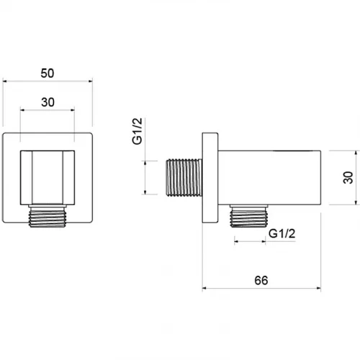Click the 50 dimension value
[x=48, y=73]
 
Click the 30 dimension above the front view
[x=48, y=102]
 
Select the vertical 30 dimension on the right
[x=348, y=178]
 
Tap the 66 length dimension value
[x=261, y=280]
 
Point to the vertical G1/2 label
[x=138, y=131]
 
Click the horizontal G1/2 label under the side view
[x=282, y=233]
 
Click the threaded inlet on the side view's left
[x=184, y=177]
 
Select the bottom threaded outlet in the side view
[x=249, y=216]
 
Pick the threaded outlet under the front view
[x=48, y=216]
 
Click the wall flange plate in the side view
[x=210, y=178]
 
